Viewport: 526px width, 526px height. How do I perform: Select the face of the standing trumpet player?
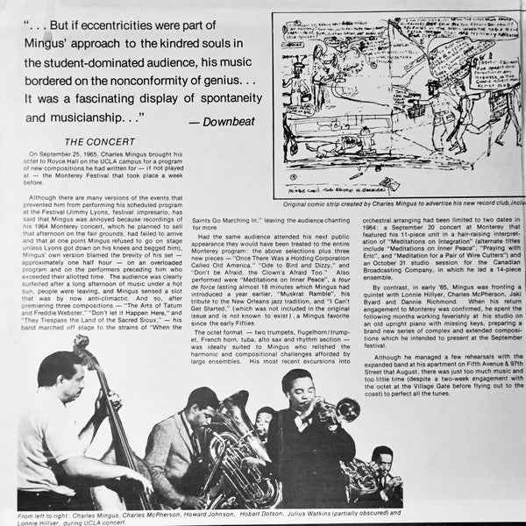tap(295, 390)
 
